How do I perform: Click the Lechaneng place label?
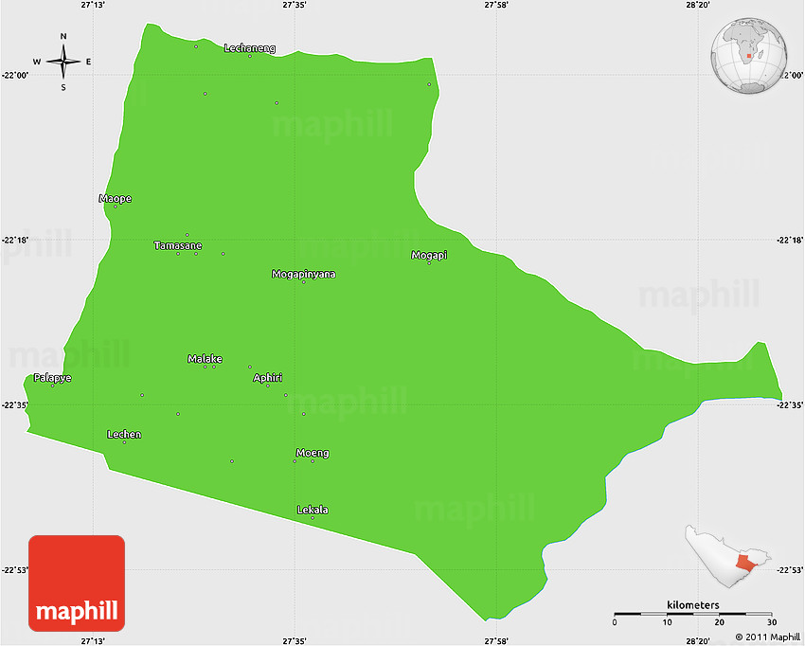click(x=250, y=47)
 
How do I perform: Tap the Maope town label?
click(x=116, y=198)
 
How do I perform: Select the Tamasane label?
click(x=178, y=245)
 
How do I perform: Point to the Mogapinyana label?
click(x=303, y=274)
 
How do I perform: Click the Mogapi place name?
click(x=429, y=255)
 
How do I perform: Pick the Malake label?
click(x=205, y=358)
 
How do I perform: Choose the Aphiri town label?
click(x=267, y=377)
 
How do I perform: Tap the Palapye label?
click(x=53, y=377)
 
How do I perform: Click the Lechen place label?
click(x=124, y=434)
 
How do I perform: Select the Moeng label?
click(x=313, y=452)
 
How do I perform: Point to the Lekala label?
click(x=313, y=510)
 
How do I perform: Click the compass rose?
click(x=63, y=63)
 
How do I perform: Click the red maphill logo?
click(x=77, y=583)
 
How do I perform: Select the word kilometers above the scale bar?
click(x=692, y=604)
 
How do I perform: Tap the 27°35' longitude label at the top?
click(x=294, y=6)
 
